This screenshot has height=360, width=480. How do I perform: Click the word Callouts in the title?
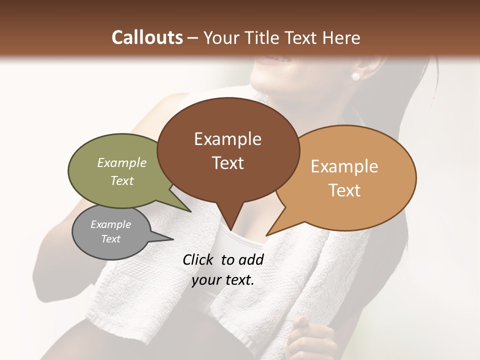click(147, 37)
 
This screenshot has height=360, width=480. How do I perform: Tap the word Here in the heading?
click(341, 37)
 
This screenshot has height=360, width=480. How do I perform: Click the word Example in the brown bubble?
click(227, 139)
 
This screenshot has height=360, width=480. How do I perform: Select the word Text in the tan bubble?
click(344, 190)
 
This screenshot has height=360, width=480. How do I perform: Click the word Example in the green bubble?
click(122, 162)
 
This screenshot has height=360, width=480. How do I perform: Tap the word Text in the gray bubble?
click(111, 239)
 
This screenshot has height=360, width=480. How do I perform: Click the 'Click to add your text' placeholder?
click(223, 269)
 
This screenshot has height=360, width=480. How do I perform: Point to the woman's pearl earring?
click(355, 76)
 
